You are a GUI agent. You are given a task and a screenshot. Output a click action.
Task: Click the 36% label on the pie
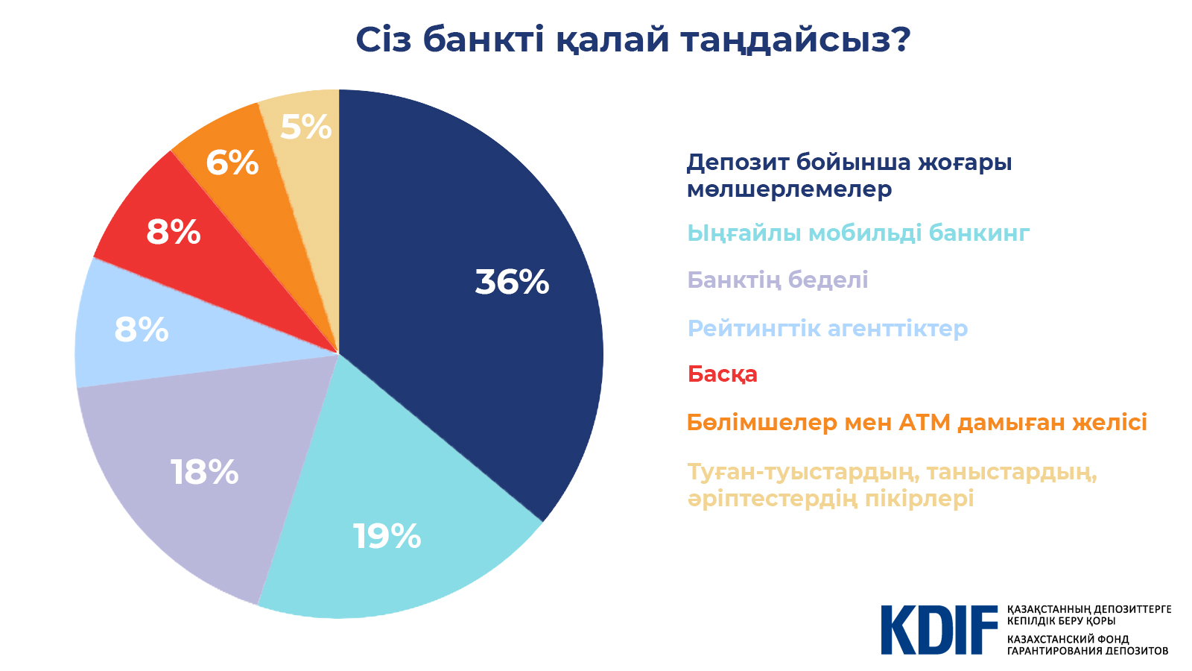tap(512, 282)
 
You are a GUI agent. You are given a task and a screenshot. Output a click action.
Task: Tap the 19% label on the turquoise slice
tap(387, 536)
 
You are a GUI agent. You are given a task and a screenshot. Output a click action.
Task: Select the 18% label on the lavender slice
tap(204, 472)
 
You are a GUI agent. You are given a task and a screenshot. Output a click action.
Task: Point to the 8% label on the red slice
tap(174, 232)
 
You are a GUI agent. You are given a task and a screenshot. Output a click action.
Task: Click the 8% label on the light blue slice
tap(142, 330)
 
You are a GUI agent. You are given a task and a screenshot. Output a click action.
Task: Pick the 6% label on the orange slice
tap(232, 163)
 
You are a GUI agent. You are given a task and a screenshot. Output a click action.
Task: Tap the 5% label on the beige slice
tap(306, 127)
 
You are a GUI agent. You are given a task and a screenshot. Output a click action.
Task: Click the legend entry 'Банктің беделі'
tap(778, 280)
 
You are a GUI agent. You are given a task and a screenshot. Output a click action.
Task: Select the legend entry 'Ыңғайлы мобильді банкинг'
tap(858, 234)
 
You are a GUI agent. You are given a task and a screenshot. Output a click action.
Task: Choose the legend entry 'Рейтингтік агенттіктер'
tap(828, 328)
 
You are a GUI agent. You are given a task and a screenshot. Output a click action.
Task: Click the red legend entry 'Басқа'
tap(722, 375)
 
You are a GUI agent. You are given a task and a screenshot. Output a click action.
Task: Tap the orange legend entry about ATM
tap(917, 422)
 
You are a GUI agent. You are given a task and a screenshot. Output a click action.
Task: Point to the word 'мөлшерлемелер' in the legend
tap(789, 189)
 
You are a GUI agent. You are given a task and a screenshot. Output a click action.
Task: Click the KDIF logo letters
tap(939, 630)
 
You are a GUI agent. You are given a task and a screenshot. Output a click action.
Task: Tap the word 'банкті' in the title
tap(484, 40)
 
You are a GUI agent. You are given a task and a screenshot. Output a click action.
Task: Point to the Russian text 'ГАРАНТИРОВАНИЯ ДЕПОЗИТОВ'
tap(1088, 651)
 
